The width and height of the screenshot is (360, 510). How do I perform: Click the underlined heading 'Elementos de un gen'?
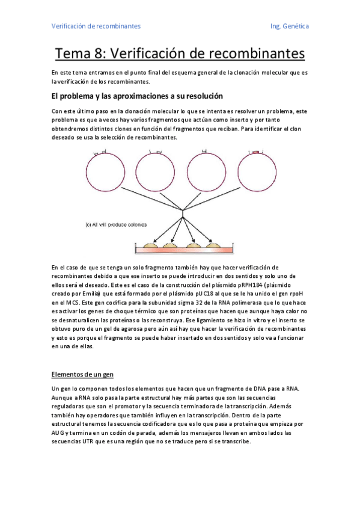click(83, 375)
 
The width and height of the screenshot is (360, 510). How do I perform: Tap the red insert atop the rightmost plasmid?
click(255, 153)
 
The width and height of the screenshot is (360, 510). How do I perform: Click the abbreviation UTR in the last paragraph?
click(84, 442)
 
